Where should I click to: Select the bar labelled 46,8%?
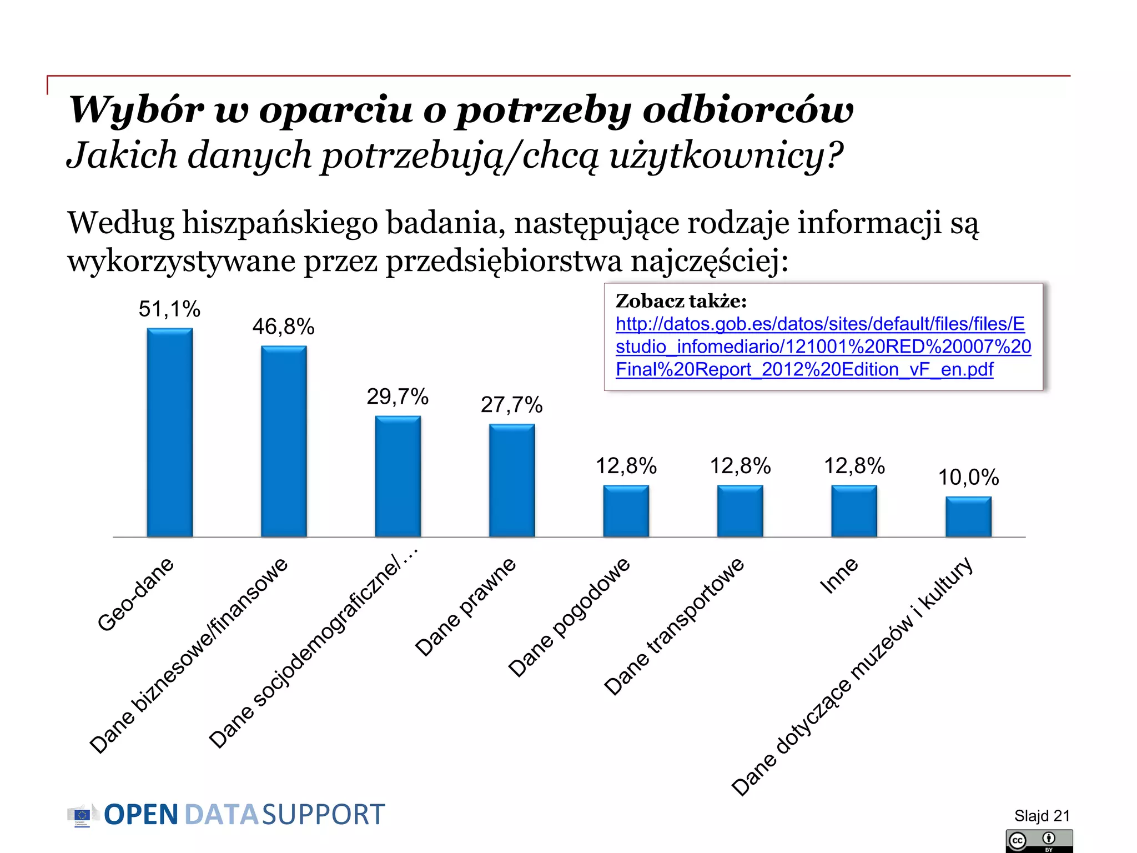(284, 441)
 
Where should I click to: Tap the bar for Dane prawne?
(511, 480)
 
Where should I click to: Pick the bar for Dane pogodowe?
(626, 511)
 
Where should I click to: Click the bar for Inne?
(854, 511)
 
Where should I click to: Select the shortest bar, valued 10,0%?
(968, 516)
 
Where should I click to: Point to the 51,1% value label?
(169, 309)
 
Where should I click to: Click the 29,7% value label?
(398, 397)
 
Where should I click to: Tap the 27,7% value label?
(511, 405)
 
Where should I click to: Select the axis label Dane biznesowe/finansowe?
(189, 655)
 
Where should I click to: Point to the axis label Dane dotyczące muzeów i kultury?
(852, 676)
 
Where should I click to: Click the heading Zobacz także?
(681, 301)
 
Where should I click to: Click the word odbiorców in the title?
(748, 109)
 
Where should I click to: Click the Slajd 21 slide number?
(1042, 815)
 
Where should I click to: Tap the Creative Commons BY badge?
(1039, 841)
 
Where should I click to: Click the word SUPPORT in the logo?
(323, 815)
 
